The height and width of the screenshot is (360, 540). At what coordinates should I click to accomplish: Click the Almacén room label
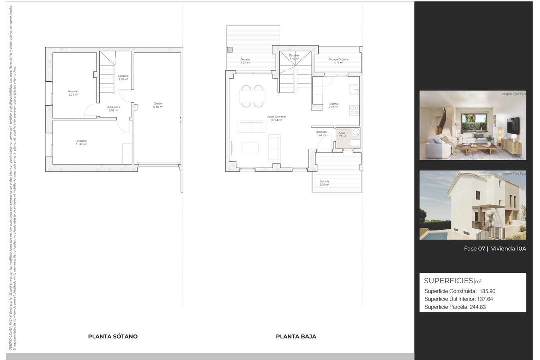(73, 91)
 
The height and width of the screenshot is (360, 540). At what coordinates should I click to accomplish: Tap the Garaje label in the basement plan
(158, 104)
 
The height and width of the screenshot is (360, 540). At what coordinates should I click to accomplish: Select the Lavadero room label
(81, 141)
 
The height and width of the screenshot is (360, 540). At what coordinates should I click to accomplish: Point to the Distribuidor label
(113, 107)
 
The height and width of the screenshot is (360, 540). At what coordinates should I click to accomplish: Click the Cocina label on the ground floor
(333, 104)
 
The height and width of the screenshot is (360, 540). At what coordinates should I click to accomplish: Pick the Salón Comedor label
(276, 117)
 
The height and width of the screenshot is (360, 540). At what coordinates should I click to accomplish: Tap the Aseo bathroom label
(342, 133)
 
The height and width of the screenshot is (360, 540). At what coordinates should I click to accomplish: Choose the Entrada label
(324, 181)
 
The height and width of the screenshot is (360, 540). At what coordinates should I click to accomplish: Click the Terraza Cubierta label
(338, 59)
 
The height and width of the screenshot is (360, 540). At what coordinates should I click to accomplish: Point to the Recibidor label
(321, 132)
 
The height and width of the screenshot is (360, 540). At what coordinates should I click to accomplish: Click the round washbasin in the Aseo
(356, 132)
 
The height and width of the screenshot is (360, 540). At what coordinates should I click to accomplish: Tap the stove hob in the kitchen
(354, 110)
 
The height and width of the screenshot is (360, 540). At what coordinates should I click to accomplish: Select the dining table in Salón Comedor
(252, 96)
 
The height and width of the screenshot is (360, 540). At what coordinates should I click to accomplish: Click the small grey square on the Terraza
(230, 50)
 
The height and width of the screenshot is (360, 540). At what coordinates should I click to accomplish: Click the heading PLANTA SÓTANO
(113, 336)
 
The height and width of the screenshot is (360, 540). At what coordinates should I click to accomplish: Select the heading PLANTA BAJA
(296, 336)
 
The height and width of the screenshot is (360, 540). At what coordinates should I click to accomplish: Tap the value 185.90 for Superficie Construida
(487, 291)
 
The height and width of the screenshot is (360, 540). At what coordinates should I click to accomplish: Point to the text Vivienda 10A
(508, 249)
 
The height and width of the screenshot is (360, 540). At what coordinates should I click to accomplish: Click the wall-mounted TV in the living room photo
(513, 125)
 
